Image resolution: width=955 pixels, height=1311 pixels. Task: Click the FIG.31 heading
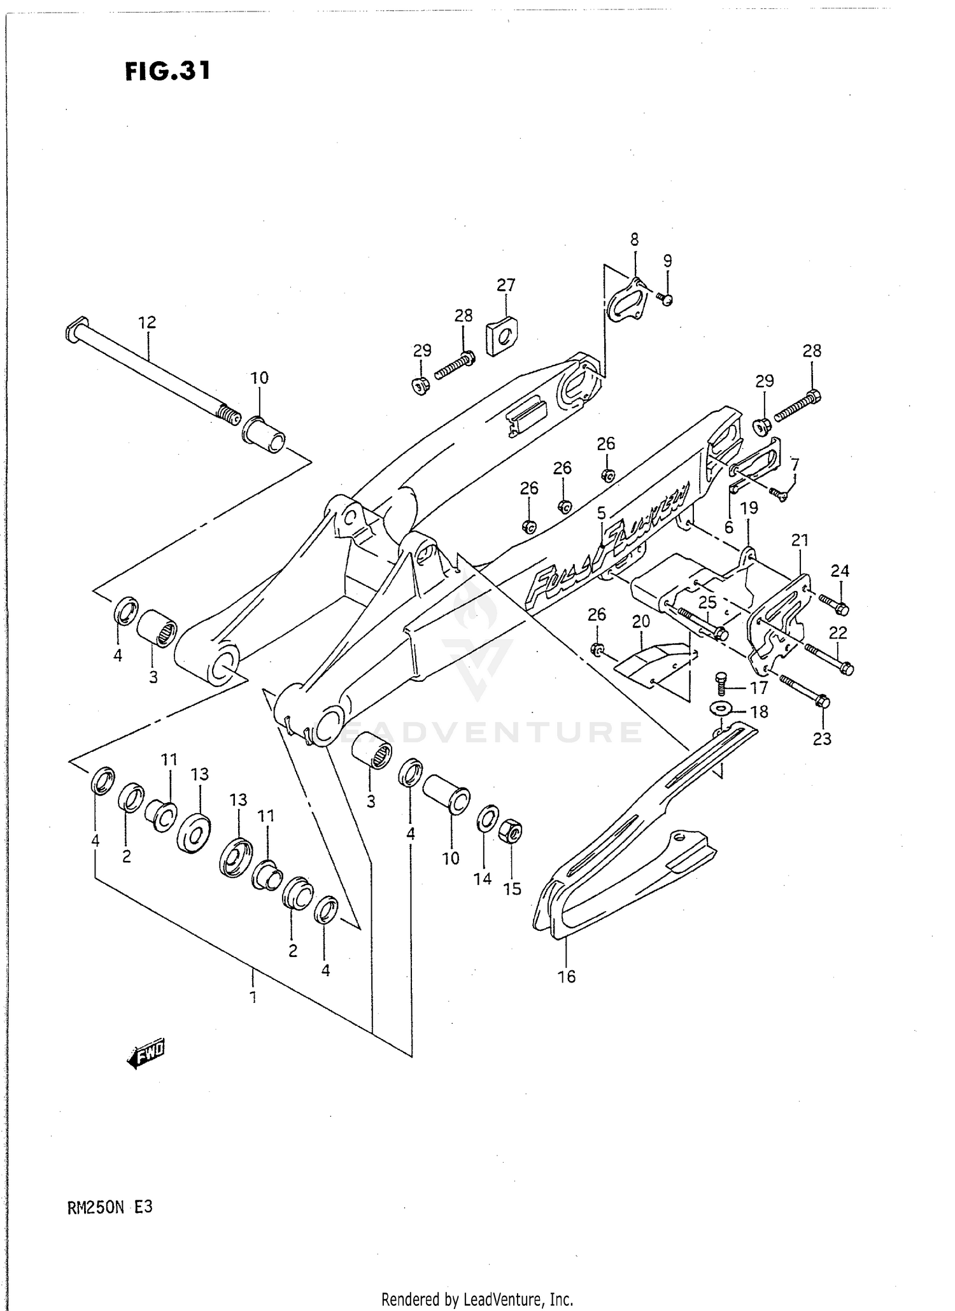pos(167,71)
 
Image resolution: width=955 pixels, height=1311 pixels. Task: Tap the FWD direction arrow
pos(146,1056)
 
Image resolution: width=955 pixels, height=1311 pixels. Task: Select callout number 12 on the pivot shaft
pos(147,322)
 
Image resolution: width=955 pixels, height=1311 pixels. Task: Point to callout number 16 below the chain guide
pos(566,976)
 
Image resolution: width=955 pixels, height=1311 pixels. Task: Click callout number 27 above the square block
pos(506,285)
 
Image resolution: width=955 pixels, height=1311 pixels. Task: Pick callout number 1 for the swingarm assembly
pos(253,996)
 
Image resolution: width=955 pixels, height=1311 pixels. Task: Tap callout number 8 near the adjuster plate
pos(634,239)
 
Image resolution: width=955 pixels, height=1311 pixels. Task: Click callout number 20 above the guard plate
pos(640,621)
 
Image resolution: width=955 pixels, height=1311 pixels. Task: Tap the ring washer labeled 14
pos(487,818)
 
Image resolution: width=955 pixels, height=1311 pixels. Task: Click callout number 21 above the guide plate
pos(800,540)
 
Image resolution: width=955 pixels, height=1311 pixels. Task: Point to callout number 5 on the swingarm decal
pos(601,512)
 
